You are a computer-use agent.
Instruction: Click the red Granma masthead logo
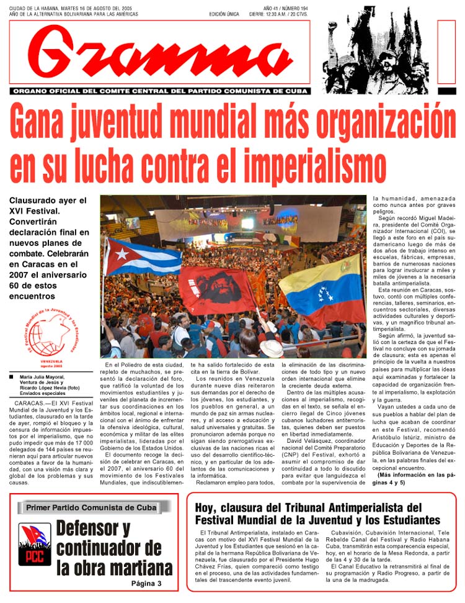(x=159, y=53)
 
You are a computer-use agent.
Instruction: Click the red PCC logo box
(x=34, y=545)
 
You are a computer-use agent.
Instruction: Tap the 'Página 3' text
(x=146, y=584)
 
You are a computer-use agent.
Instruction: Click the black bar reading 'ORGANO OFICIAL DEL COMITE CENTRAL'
(x=159, y=91)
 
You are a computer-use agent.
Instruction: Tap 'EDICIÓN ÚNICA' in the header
(x=225, y=14)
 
